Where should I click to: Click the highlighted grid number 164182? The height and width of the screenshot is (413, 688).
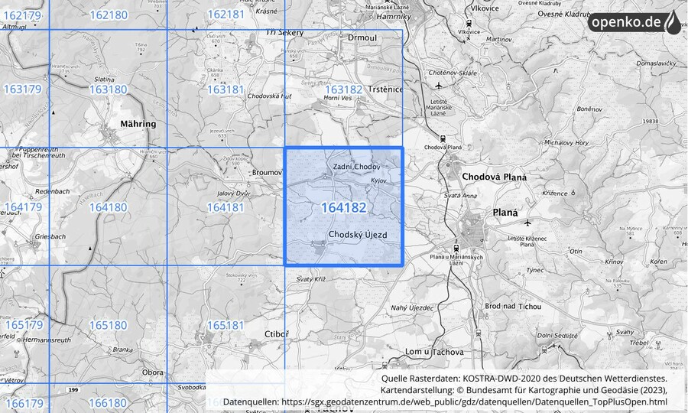tap(343, 207)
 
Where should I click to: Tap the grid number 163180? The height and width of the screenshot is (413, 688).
tap(108, 89)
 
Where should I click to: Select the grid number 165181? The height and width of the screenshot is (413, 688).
tap(226, 325)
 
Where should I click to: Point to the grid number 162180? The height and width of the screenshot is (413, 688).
tap(108, 15)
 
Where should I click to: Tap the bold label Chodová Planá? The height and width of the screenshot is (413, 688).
tap(495, 177)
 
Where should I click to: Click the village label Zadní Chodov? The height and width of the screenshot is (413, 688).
tap(356, 166)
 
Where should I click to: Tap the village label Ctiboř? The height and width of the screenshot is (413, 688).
tap(275, 334)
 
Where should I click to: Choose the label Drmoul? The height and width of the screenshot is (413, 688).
tap(362, 37)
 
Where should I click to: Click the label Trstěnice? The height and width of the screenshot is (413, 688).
tap(385, 89)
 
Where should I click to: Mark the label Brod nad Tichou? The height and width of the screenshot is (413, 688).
tap(513, 307)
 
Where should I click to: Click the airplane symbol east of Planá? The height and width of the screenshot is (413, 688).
tap(527, 223)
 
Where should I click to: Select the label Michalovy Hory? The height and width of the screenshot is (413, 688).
tap(566, 143)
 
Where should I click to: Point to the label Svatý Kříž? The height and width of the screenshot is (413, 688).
tap(311, 280)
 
